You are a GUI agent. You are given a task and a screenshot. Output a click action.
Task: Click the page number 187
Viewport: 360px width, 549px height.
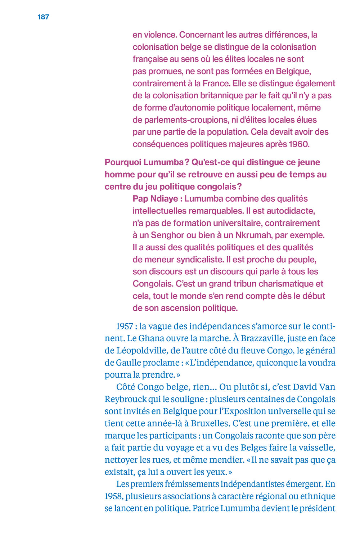(43, 17)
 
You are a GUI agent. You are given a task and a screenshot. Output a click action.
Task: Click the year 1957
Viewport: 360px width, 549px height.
(125, 327)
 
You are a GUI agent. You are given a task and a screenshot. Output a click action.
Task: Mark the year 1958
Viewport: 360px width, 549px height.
(113, 496)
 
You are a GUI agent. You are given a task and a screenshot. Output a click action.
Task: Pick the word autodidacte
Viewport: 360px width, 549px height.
(290, 211)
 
